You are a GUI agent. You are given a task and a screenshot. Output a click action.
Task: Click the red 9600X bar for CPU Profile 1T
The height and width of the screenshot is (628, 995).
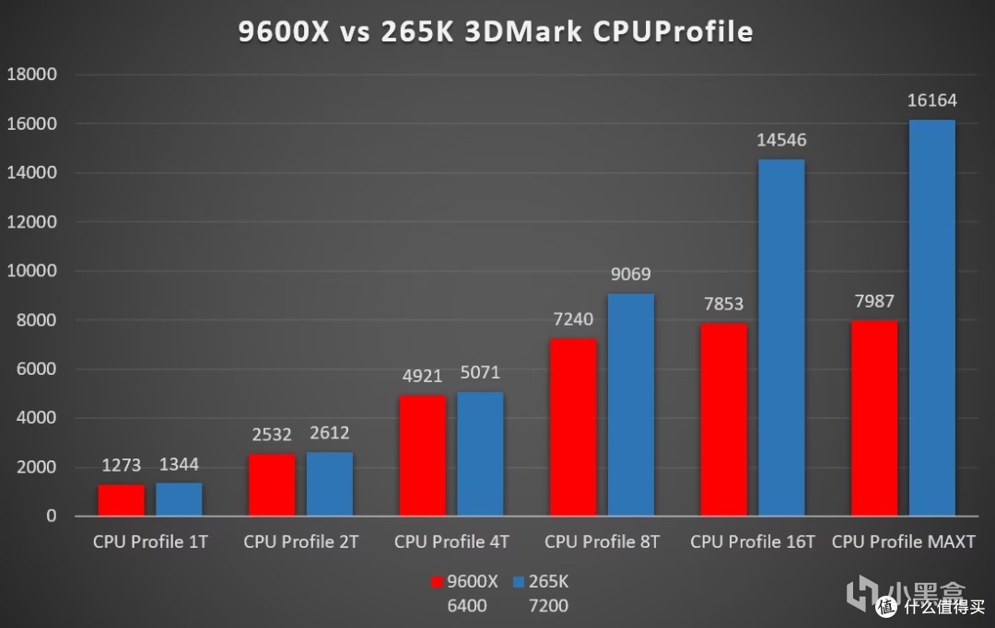pyautogui.click(x=122, y=500)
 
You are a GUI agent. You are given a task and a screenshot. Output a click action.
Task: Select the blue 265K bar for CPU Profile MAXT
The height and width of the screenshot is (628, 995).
pyautogui.click(x=931, y=318)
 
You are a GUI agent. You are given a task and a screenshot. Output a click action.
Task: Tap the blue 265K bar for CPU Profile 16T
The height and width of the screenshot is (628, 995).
pyautogui.click(x=781, y=338)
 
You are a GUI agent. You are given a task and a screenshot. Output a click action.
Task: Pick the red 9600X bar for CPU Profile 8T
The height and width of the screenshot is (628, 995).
pyautogui.click(x=573, y=427)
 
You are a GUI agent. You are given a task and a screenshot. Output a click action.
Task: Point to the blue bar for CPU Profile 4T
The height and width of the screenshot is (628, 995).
pyautogui.click(x=480, y=454)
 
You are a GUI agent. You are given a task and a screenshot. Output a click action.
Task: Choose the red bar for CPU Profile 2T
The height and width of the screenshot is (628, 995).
pyautogui.click(x=272, y=484)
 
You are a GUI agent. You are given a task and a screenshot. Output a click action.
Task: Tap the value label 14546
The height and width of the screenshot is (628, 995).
pyautogui.click(x=781, y=141)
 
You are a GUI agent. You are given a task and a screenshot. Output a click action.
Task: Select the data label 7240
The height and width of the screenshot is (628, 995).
pyautogui.click(x=573, y=320)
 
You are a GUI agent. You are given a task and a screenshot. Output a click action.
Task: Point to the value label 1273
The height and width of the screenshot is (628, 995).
pyautogui.click(x=122, y=465)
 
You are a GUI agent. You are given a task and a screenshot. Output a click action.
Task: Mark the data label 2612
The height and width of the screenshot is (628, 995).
pyautogui.click(x=329, y=433)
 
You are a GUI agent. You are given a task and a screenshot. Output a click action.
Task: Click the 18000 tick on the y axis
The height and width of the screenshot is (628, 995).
pyautogui.click(x=32, y=75)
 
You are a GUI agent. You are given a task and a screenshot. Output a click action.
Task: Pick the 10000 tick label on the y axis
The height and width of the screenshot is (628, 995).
pyautogui.click(x=32, y=271)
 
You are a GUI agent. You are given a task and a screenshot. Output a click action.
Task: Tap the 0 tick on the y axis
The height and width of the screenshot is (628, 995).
pyautogui.click(x=52, y=517)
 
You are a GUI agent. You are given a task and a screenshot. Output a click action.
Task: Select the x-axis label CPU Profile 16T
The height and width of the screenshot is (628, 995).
pyautogui.click(x=753, y=541)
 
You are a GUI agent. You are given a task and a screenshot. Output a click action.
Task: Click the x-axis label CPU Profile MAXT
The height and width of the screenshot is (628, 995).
pyautogui.click(x=903, y=541)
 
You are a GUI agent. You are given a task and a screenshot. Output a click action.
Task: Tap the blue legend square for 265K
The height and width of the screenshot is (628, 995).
pyautogui.click(x=519, y=582)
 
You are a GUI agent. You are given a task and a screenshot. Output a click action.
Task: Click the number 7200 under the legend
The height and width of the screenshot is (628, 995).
pyautogui.click(x=548, y=606)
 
